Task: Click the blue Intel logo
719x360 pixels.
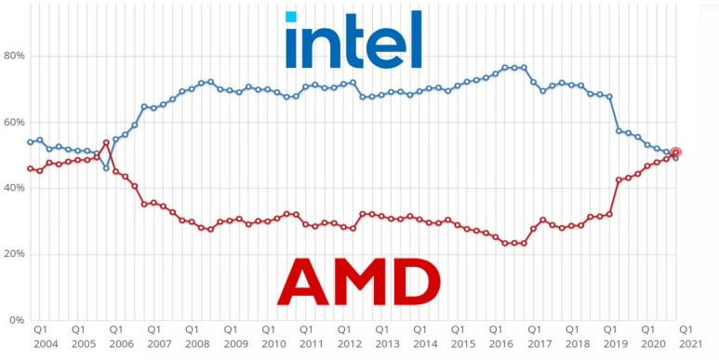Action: point(353,41)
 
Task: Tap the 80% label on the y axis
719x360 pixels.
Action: point(14,56)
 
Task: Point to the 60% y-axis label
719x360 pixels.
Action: point(14,122)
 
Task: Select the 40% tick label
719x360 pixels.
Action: point(14,188)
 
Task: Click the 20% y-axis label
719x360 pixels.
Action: point(14,254)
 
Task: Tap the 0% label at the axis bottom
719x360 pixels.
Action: point(17,320)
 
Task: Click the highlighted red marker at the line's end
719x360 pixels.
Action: point(676,153)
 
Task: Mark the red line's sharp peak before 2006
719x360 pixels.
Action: point(106,143)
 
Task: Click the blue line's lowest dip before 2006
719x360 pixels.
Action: point(106,168)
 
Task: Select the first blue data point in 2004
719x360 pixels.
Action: point(31,142)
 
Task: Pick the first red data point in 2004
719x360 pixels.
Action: point(31,168)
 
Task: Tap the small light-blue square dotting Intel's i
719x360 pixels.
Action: point(291,17)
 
